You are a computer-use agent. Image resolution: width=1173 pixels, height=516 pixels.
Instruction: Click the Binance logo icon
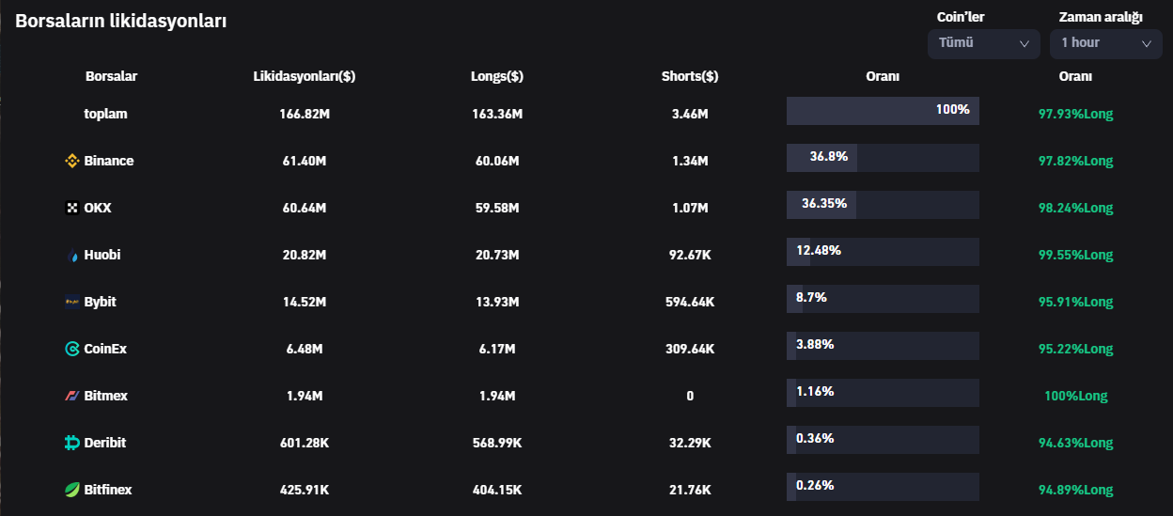pyautogui.click(x=71, y=161)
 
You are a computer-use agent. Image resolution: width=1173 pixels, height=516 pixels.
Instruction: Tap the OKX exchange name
pyautogui.click(x=97, y=208)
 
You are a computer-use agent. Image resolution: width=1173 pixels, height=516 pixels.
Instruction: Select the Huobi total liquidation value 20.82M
pyautogui.click(x=305, y=255)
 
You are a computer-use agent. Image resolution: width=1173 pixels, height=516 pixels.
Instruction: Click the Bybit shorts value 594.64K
pyautogui.click(x=689, y=302)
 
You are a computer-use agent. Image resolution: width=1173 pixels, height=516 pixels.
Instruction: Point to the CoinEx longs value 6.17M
pyautogui.click(x=496, y=349)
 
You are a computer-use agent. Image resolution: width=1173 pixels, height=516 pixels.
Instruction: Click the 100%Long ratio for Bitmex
pyautogui.click(x=1075, y=396)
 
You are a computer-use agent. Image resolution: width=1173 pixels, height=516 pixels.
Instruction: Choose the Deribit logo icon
pyautogui.click(x=71, y=443)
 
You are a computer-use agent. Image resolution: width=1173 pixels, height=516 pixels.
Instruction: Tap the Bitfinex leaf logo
pyautogui.click(x=71, y=490)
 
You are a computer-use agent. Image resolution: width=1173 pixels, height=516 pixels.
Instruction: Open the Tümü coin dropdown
pyautogui.click(x=983, y=43)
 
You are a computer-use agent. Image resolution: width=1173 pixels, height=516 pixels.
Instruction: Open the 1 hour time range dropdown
pyautogui.click(x=1105, y=43)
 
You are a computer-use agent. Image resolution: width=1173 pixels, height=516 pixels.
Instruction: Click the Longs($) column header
pyautogui.click(x=496, y=76)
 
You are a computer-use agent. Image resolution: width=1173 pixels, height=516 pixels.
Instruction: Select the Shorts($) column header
pyautogui.click(x=689, y=76)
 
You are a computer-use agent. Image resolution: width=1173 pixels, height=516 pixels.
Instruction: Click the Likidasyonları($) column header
pyautogui.click(x=305, y=76)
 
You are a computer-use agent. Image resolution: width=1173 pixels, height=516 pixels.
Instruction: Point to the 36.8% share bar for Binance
pyautogui.click(x=821, y=158)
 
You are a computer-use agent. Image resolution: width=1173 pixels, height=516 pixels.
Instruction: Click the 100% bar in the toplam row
pyautogui.click(x=882, y=111)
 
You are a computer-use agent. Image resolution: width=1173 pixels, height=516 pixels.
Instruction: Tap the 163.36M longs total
pyautogui.click(x=496, y=114)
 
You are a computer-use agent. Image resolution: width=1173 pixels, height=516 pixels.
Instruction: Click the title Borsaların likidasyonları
pyautogui.click(x=120, y=21)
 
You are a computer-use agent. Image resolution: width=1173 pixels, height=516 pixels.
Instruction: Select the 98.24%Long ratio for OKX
pyautogui.click(x=1075, y=208)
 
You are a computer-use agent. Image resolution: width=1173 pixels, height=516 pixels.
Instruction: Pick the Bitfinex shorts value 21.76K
pyautogui.click(x=689, y=490)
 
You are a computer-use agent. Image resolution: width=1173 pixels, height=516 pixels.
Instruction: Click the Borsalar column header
pyautogui.click(x=111, y=76)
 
